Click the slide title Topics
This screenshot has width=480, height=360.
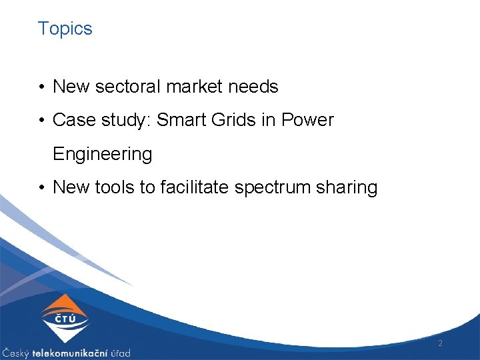[65, 29]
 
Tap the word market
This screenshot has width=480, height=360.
[198, 87]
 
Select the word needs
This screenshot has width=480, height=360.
[256, 87]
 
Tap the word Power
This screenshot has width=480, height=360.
[307, 120]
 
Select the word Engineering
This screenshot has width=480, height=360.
[102, 154]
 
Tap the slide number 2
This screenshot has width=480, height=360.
[440, 343]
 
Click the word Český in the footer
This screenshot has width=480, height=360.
[15, 353]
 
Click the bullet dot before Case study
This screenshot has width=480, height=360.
[42, 121]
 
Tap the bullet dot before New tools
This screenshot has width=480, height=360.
[42, 188]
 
